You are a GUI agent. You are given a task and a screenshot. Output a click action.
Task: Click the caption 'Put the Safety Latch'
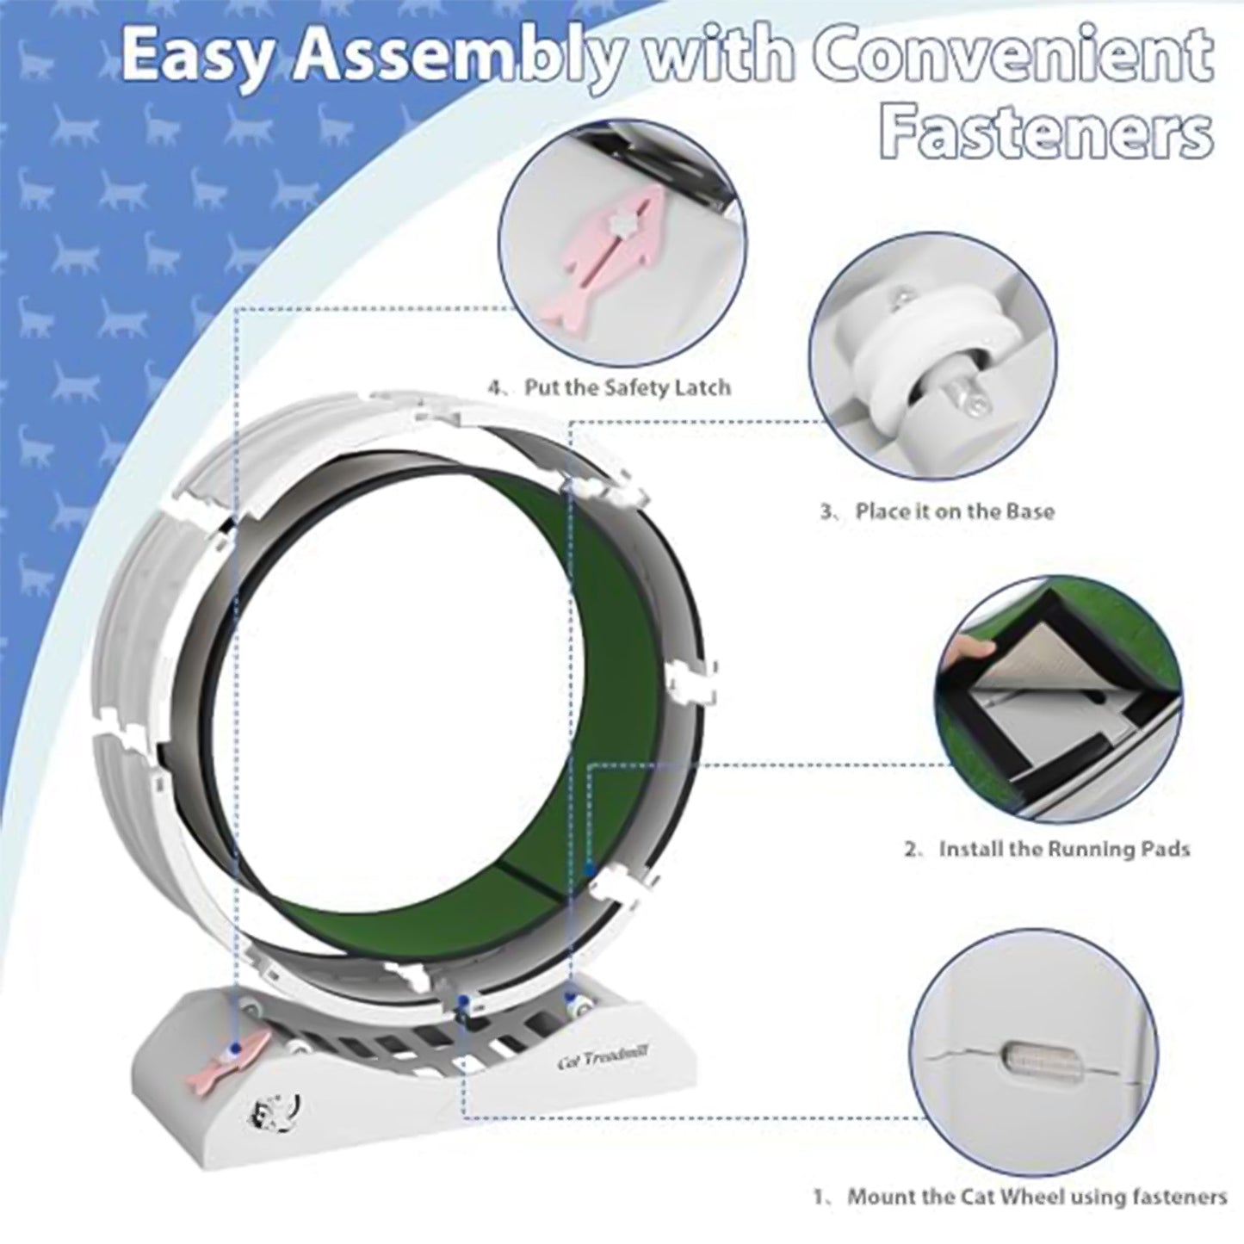(628, 387)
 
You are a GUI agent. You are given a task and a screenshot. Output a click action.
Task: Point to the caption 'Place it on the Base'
(954, 511)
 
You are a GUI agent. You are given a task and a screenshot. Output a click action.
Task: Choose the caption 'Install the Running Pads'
(1064, 849)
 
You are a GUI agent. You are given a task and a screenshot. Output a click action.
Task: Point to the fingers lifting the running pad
(967, 649)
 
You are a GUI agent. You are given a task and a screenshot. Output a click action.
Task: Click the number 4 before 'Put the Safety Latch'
(495, 387)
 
